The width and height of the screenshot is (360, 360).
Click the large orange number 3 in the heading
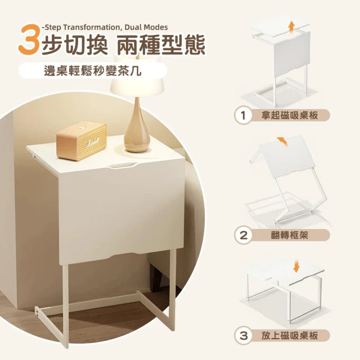click(x=29, y=39)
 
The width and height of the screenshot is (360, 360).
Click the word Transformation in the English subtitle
click(x=91, y=28)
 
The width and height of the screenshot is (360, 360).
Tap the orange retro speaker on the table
click(x=82, y=140)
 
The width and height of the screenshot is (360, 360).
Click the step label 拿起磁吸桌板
click(x=290, y=115)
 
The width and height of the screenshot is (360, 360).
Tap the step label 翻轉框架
click(x=290, y=235)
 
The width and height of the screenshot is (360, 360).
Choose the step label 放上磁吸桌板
click(x=290, y=336)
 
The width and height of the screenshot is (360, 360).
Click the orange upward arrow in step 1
click(x=291, y=28)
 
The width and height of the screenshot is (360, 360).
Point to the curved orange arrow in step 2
click(x=282, y=141)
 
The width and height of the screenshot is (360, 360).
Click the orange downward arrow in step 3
click(x=296, y=267)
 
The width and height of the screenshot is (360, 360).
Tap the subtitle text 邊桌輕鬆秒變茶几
click(x=92, y=71)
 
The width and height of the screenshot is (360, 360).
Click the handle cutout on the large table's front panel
click(x=123, y=166)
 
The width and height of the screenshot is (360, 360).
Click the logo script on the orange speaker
click(x=93, y=140)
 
